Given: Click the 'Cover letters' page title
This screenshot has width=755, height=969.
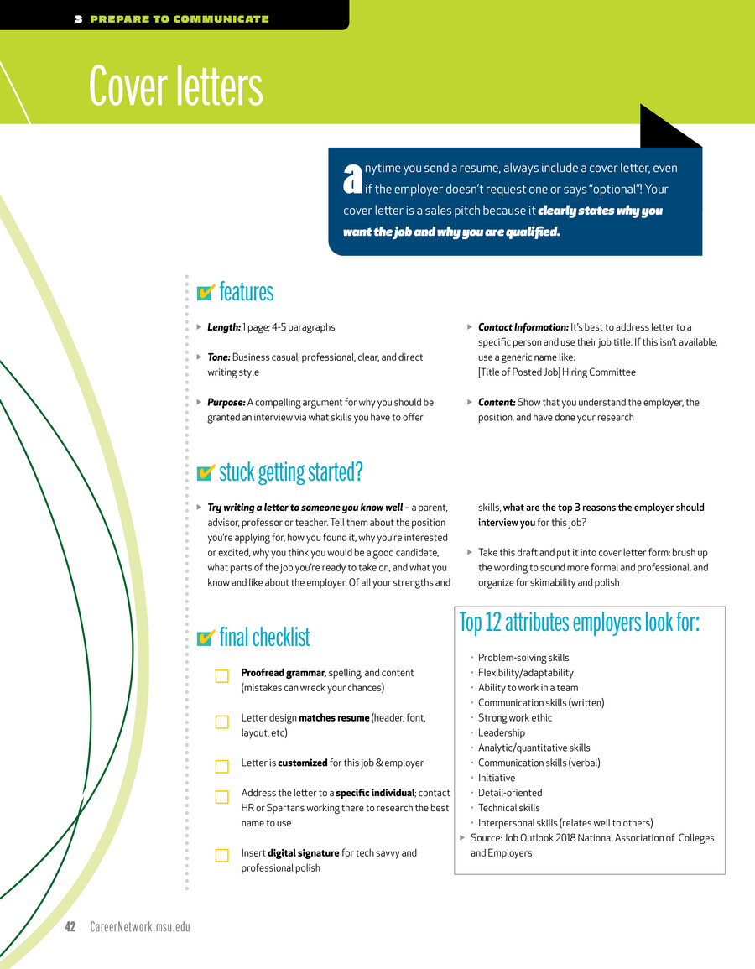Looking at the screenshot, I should [x=176, y=86].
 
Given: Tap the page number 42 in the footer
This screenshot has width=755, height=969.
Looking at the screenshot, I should [x=70, y=926].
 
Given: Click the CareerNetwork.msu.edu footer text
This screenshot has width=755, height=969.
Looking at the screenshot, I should [x=140, y=926].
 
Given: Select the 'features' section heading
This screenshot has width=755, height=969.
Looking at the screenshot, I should [x=246, y=292].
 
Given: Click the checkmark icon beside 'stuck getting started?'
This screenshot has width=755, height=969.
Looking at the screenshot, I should [x=205, y=473].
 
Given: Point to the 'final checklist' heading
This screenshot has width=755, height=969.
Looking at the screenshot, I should [x=264, y=638].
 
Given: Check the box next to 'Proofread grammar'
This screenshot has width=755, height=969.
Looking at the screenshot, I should [x=221, y=676].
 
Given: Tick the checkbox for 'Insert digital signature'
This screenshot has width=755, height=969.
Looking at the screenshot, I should [x=221, y=856].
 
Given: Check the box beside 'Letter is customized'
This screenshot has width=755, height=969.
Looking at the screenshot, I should [x=221, y=766].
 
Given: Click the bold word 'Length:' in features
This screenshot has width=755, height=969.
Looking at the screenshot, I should [x=224, y=327].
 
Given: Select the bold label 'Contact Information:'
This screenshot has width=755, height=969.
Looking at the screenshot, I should [x=523, y=327].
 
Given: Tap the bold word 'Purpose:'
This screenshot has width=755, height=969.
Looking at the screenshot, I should [x=226, y=402].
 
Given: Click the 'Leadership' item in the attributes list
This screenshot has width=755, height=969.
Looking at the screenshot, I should [x=501, y=732].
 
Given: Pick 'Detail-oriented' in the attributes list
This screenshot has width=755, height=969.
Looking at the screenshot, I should [x=510, y=793].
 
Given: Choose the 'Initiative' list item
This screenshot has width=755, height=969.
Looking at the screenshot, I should [x=497, y=778].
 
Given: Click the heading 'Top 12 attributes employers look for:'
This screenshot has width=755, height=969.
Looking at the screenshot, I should [x=579, y=623].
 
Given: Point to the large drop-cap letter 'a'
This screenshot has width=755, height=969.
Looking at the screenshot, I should [x=352, y=177].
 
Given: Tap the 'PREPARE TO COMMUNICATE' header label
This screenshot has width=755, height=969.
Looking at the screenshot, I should [x=179, y=18].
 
